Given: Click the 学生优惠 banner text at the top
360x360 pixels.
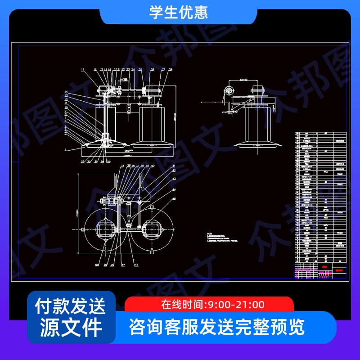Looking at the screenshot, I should pos(179,12).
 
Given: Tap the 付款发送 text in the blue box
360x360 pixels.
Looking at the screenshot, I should pos(71,306).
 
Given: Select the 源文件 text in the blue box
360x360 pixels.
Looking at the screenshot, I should pos(71,327).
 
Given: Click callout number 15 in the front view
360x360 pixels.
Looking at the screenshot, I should pos(83,70).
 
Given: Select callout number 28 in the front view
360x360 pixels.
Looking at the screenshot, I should pos(171,70).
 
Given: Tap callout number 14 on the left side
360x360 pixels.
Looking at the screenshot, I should pos(66,92).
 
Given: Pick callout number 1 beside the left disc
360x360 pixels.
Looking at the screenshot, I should pos(65,149).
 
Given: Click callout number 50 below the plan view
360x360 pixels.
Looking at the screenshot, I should pos(97,265).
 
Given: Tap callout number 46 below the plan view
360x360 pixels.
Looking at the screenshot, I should pos(136,265).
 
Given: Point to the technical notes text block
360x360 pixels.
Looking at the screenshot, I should pos(220,237).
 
